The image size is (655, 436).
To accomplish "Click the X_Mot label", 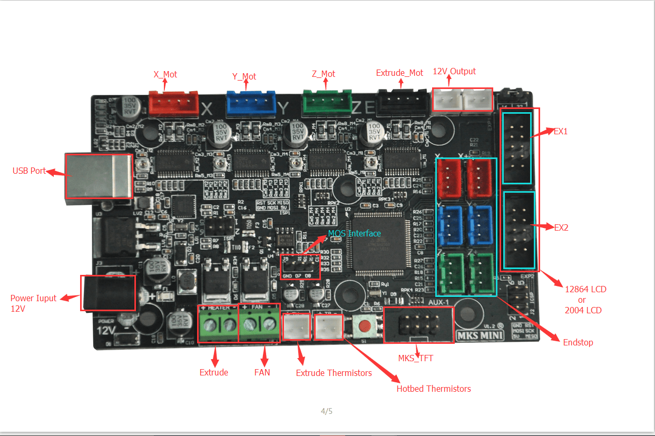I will coord(165,74).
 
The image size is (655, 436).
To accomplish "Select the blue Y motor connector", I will coord(251,103).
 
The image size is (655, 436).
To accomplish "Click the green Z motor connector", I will coord(327,103).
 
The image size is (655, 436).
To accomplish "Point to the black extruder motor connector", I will coord(403,103).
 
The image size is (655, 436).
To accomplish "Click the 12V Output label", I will coord(454,71).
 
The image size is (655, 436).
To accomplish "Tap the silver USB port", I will coord(98,176).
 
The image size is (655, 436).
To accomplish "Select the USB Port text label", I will coord(29,171).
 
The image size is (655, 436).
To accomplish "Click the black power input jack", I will coord(107,293).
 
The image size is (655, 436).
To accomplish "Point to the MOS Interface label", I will coord(354,233).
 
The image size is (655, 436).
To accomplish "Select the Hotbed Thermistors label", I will coord(434,389).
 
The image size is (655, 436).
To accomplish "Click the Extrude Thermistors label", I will coord(334,373).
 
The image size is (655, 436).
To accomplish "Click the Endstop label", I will coord(578,342).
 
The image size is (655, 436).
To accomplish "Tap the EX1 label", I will coord(561,131).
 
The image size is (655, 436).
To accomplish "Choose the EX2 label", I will coord(561,227).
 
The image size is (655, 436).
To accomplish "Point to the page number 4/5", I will coord(327,411).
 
